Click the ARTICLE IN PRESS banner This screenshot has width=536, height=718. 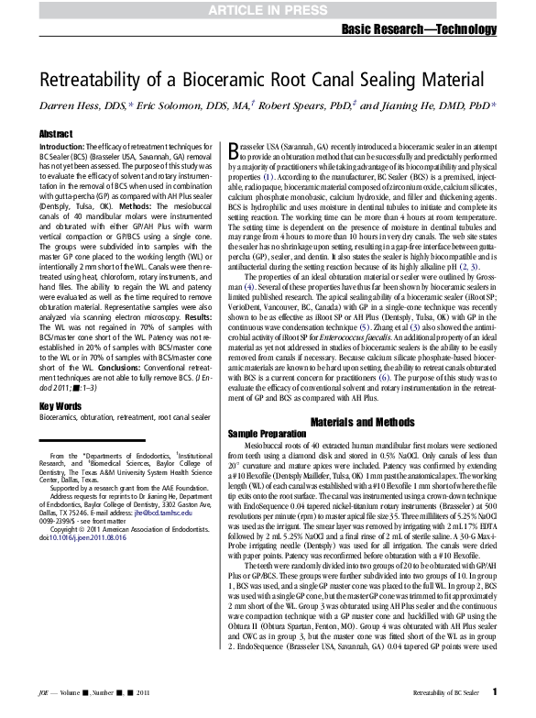[268, 10]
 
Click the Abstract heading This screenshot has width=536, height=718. [56, 135]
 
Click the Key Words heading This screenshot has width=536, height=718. [60, 404]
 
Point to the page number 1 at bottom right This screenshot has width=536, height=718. [495, 691]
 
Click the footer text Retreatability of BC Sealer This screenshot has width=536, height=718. [443, 692]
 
